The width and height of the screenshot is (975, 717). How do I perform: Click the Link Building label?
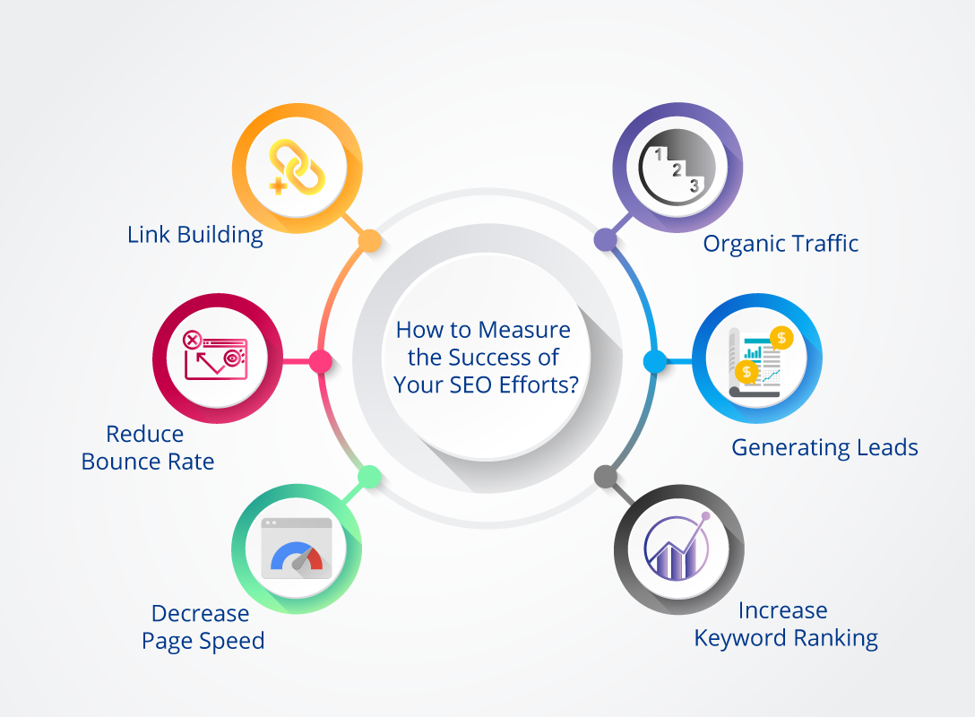[195, 235]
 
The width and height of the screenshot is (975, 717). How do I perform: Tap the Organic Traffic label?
[781, 244]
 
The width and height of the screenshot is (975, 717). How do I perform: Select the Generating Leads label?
[824, 448]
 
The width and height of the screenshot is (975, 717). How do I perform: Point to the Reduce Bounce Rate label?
[148, 448]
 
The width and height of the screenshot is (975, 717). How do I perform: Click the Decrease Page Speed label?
[203, 626]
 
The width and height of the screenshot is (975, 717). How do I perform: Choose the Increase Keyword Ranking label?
[786, 625]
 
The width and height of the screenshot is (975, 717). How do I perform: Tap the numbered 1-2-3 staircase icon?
[677, 168]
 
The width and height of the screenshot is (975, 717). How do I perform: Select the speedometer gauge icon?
[297, 549]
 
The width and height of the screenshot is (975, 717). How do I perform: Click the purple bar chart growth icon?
[677, 548]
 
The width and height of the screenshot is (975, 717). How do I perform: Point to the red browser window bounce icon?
[215, 355]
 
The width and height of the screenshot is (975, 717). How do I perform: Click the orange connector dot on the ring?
[369, 241]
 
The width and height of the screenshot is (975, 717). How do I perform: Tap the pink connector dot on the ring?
[321, 361]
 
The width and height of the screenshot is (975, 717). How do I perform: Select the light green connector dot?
[369, 477]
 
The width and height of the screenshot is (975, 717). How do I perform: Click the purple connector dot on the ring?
[605, 239]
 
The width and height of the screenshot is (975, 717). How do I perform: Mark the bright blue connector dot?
[655, 361]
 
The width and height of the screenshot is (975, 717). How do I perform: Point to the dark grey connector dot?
[606, 477]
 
